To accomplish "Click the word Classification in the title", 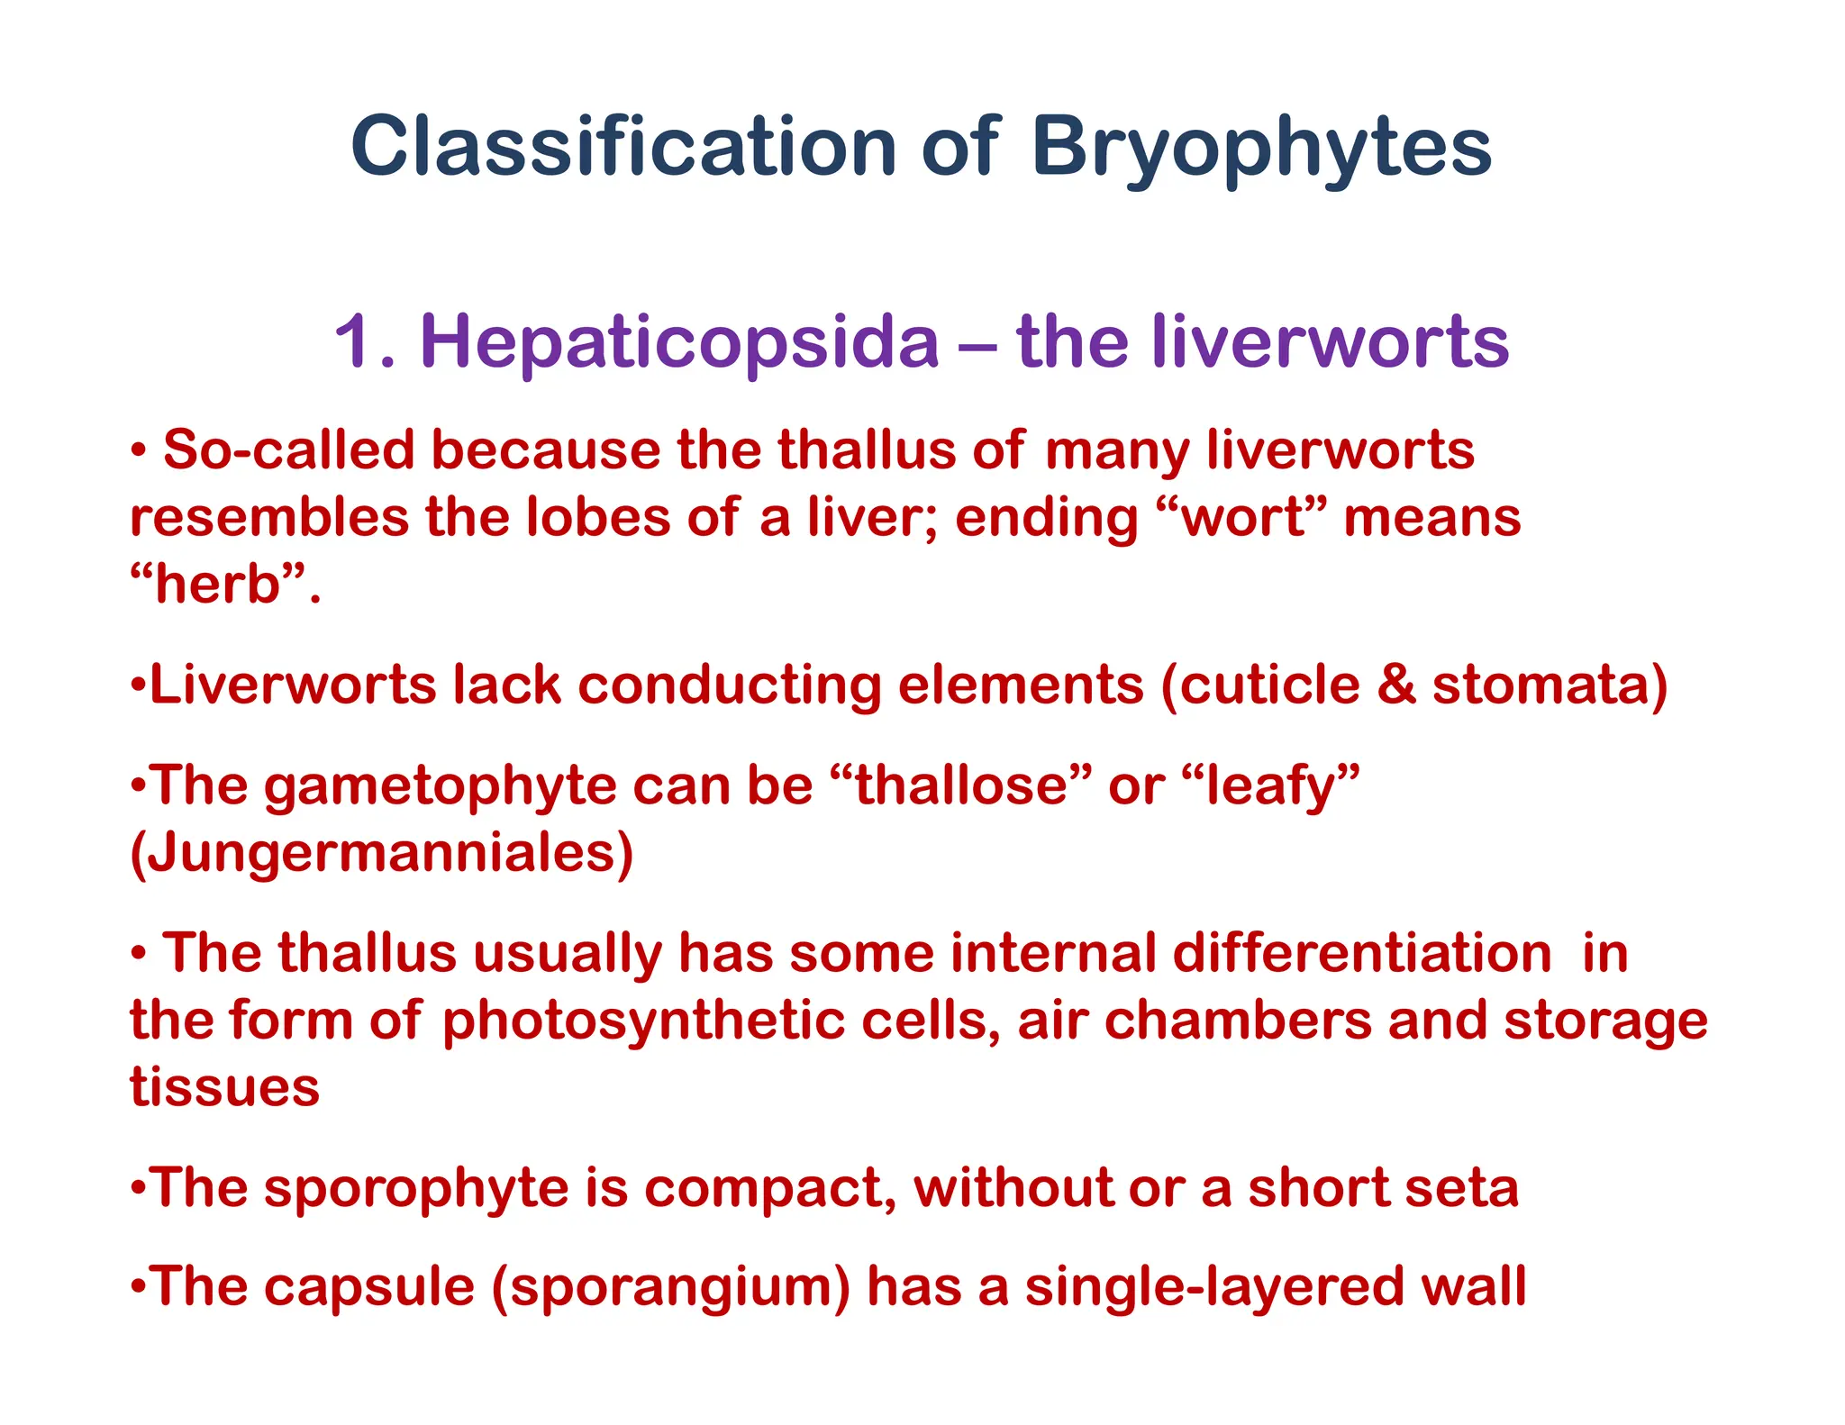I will (623, 146).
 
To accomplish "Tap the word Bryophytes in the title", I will (1261, 148).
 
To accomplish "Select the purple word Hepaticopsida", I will (680, 342).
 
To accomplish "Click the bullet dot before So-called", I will (139, 449).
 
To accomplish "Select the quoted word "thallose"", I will (960, 785).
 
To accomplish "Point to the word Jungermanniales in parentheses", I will (382, 853).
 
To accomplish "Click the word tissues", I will (225, 1087).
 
